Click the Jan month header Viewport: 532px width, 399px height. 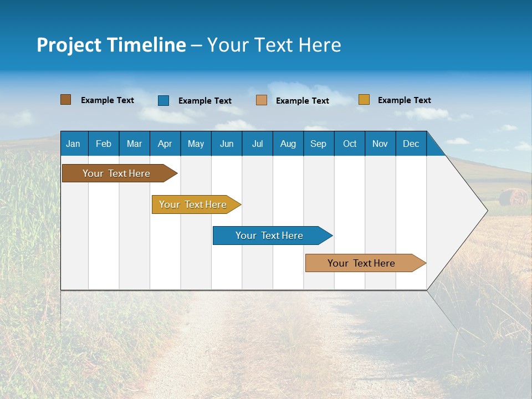(x=73, y=144)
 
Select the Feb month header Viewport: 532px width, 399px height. (x=104, y=144)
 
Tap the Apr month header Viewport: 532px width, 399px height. (x=165, y=144)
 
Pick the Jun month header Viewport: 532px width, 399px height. (x=227, y=144)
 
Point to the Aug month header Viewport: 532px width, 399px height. (x=288, y=144)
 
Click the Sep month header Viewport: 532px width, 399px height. (x=318, y=144)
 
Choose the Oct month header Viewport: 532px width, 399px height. (x=350, y=144)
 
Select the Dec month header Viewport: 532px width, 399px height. (x=411, y=144)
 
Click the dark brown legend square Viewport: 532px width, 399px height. (x=65, y=100)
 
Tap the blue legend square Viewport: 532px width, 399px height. (x=163, y=100)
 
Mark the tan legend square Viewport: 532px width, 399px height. (x=262, y=100)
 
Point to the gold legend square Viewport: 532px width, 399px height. (x=364, y=100)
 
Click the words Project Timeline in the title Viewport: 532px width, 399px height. (x=111, y=45)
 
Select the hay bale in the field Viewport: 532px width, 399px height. (x=513, y=197)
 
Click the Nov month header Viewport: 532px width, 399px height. (x=380, y=144)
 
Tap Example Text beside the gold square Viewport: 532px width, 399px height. (x=404, y=100)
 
